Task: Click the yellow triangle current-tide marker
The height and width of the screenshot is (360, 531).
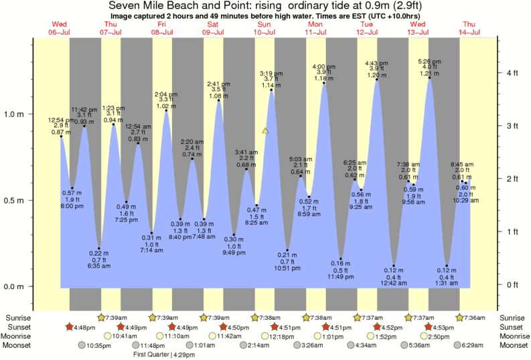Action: [266, 131]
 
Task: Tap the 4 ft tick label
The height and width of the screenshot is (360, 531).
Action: [514, 72]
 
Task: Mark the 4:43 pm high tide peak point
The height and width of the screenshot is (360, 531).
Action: [377, 80]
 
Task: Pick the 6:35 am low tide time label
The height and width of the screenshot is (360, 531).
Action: [99, 266]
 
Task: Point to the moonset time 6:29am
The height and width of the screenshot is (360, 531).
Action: [474, 345]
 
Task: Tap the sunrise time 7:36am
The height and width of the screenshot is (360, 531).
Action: [474, 318]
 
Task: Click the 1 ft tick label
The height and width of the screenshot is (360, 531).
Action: [514, 232]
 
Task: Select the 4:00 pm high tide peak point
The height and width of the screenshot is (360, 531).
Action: [325, 84]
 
